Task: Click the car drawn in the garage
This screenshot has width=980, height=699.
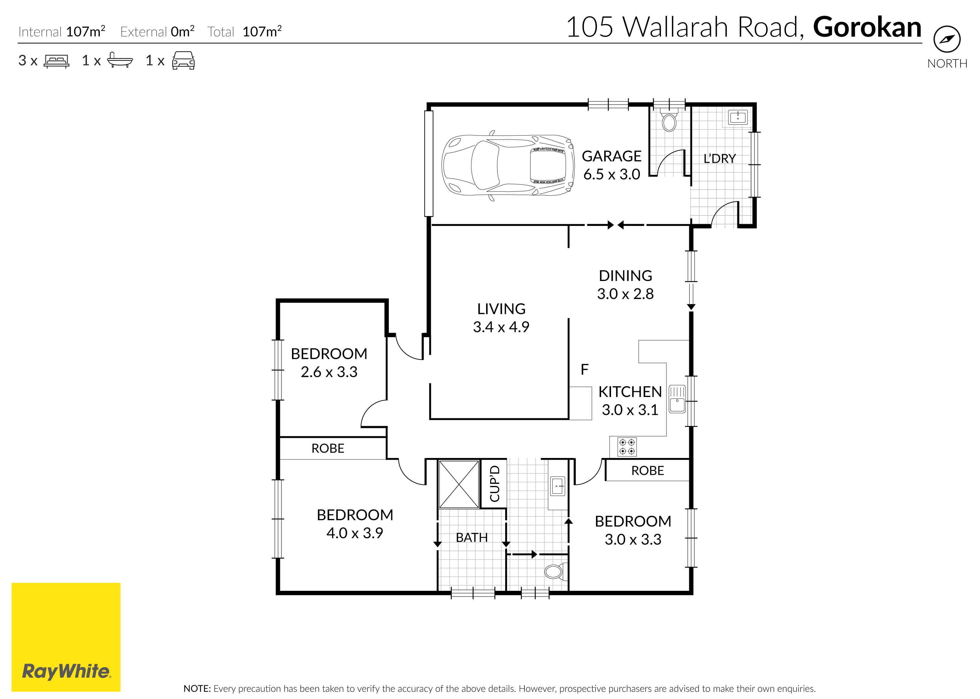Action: pyautogui.click(x=508, y=165)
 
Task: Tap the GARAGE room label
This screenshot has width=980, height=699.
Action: pyautogui.click(x=611, y=156)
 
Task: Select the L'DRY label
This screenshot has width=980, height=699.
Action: pyautogui.click(x=720, y=158)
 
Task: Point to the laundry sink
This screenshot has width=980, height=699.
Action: pyautogui.click(x=738, y=117)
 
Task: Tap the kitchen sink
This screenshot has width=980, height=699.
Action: pyautogui.click(x=677, y=399)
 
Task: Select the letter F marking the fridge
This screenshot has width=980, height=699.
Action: pyautogui.click(x=584, y=369)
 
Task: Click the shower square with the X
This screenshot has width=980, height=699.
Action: pyautogui.click(x=459, y=484)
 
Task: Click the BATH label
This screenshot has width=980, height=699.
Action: pyautogui.click(x=472, y=538)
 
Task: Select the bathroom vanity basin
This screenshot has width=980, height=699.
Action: pyautogui.click(x=558, y=486)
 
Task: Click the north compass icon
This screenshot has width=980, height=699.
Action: pyautogui.click(x=947, y=39)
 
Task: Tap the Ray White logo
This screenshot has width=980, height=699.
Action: pyautogui.click(x=66, y=637)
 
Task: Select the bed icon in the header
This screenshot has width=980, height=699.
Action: pyautogui.click(x=57, y=61)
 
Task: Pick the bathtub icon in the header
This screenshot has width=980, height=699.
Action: pyautogui.click(x=120, y=60)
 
